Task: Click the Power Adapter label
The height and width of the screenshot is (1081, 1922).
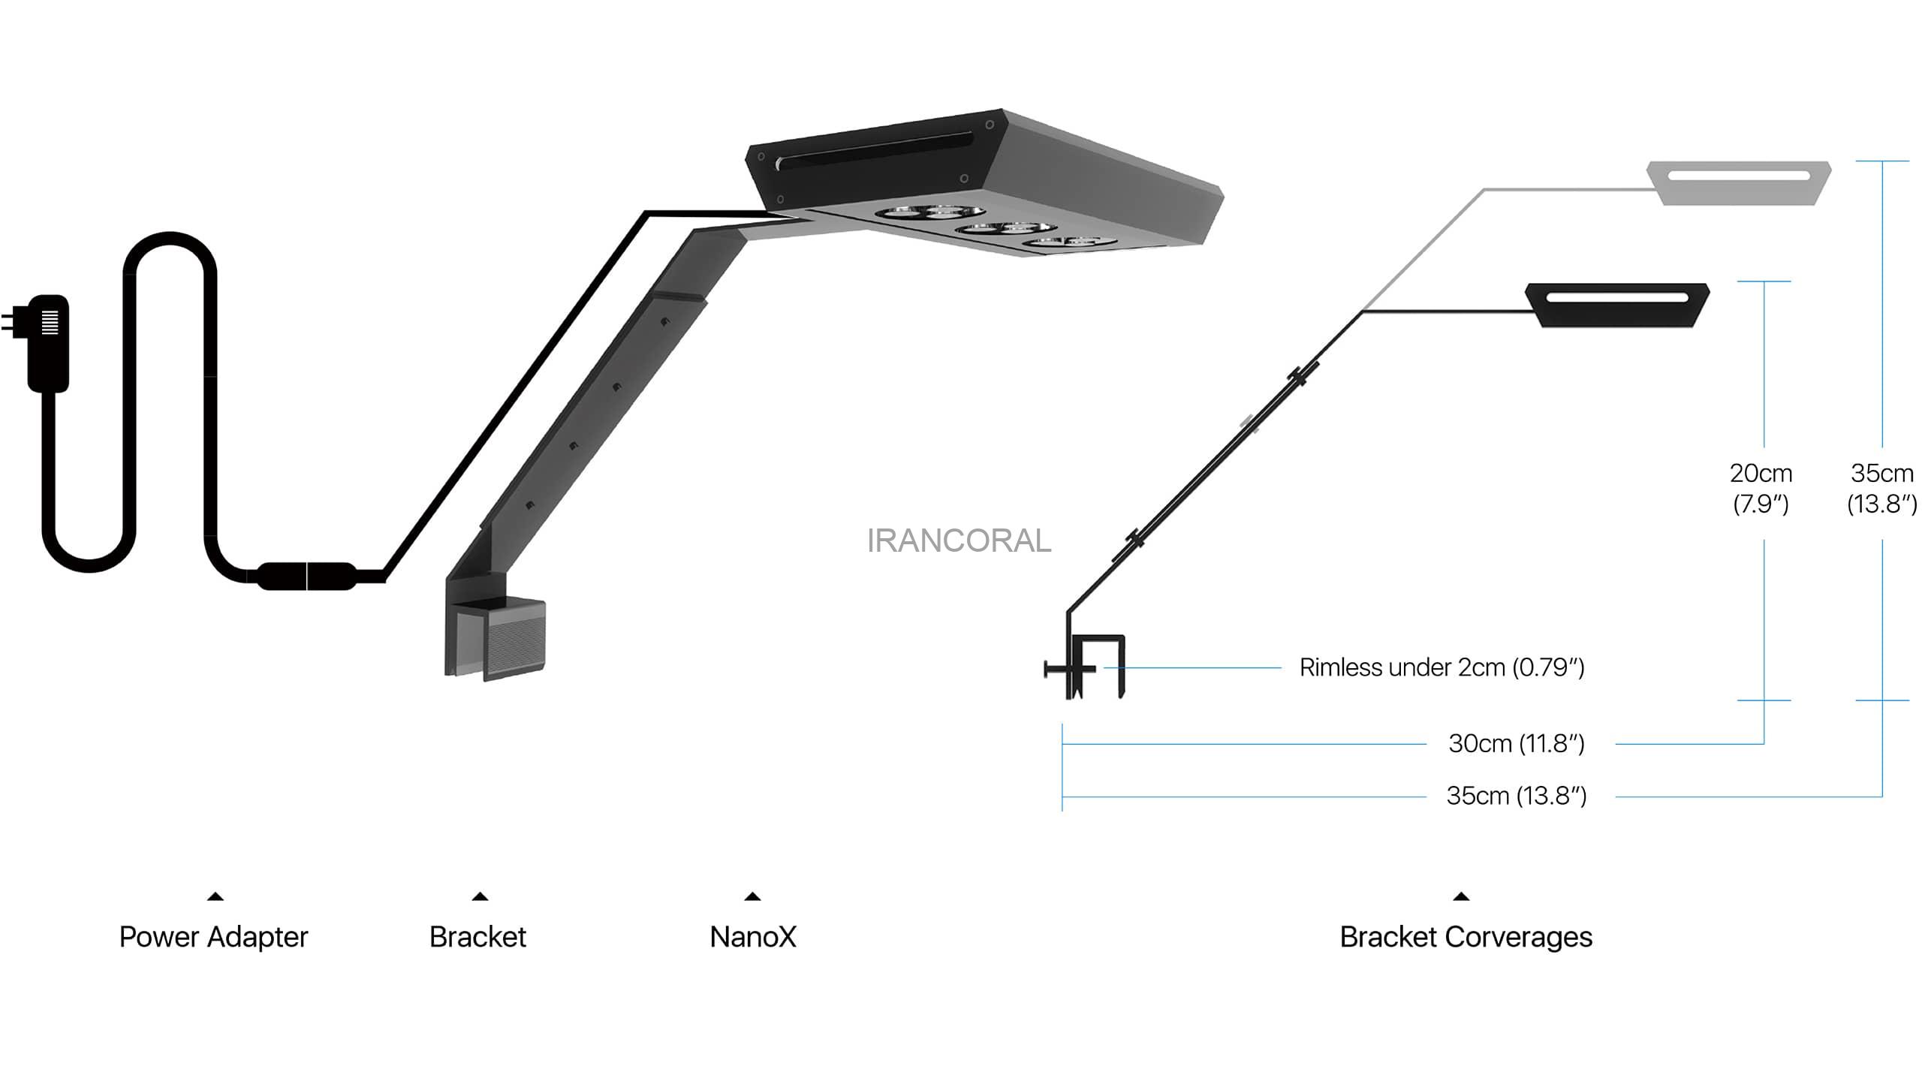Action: pyautogui.click(x=213, y=937)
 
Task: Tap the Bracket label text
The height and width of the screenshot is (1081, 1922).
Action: pyautogui.click(x=477, y=937)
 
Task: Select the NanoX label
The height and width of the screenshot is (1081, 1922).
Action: pyautogui.click(x=753, y=937)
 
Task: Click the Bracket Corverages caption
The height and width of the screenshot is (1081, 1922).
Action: pyautogui.click(x=1466, y=937)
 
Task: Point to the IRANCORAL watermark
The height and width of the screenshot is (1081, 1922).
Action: pyautogui.click(x=959, y=540)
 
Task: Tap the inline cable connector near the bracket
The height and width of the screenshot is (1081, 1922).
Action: pyautogui.click(x=306, y=576)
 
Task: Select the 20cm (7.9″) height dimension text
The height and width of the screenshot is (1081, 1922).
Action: pyautogui.click(x=1761, y=488)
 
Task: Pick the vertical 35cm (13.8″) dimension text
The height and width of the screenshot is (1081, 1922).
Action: pyautogui.click(x=1881, y=488)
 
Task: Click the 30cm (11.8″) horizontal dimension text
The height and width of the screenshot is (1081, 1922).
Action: pyautogui.click(x=1517, y=744)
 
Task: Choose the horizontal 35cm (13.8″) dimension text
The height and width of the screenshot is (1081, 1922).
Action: pyautogui.click(x=1517, y=796)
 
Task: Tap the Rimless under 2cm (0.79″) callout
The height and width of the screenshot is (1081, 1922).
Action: pyautogui.click(x=1441, y=667)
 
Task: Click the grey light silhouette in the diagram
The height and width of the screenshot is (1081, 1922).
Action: pyautogui.click(x=1739, y=182)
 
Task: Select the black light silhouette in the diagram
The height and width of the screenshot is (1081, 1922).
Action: pyautogui.click(x=1618, y=305)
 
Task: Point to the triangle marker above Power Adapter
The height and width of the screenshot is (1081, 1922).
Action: pyautogui.click(x=215, y=896)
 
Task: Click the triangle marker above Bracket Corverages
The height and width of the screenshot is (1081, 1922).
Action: pyautogui.click(x=1461, y=896)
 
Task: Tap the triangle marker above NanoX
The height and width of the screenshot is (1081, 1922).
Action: pyautogui.click(x=752, y=896)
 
